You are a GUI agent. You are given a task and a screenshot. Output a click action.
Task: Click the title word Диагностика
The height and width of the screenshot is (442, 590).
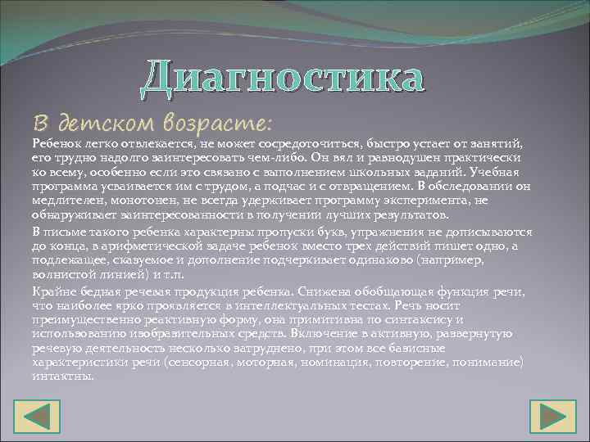coord(283,79)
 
